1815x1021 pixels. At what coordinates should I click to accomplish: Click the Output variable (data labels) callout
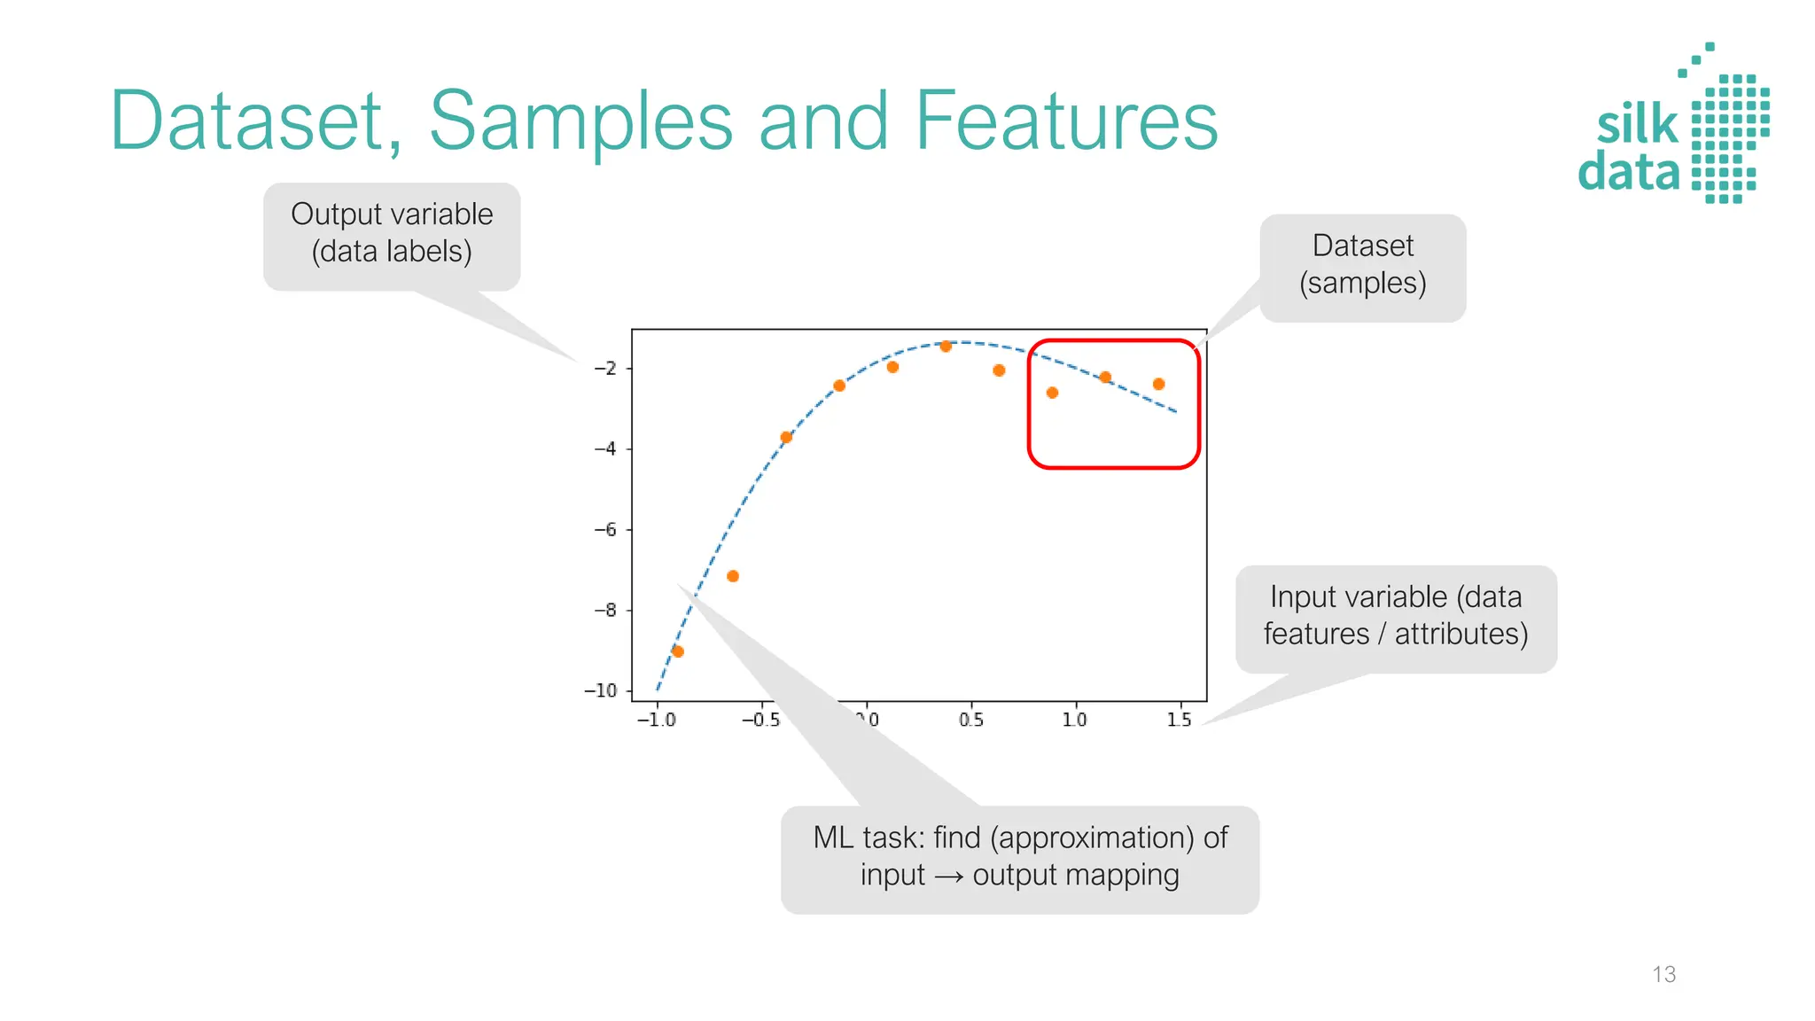click(x=392, y=234)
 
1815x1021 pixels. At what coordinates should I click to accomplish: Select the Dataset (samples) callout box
click(x=1363, y=266)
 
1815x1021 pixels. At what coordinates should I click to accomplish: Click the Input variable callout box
click(x=1396, y=617)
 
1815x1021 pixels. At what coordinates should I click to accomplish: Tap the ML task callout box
click(x=1019, y=858)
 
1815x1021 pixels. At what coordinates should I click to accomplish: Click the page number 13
click(x=1663, y=974)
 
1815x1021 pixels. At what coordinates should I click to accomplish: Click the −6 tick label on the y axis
click(x=605, y=530)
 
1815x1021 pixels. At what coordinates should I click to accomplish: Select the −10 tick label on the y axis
click(x=601, y=690)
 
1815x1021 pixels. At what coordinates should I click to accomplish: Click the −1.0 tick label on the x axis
click(x=656, y=720)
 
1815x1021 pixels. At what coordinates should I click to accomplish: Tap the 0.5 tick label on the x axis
click(x=971, y=720)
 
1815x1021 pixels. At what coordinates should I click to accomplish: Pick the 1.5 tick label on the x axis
click(x=1179, y=720)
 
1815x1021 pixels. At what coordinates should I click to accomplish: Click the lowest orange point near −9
click(x=678, y=651)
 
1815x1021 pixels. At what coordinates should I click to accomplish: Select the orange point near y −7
click(x=733, y=576)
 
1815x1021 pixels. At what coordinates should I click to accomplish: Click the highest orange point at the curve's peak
click(x=946, y=346)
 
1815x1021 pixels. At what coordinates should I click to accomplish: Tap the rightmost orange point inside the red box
click(x=1158, y=384)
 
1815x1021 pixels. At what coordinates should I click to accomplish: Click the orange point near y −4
click(x=786, y=437)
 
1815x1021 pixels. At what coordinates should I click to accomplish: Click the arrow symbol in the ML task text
click(x=948, y=877)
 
